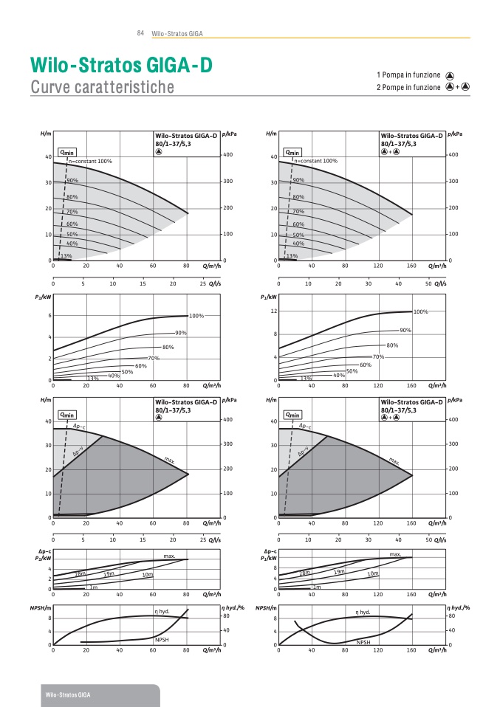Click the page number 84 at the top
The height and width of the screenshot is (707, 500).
pos(140,33)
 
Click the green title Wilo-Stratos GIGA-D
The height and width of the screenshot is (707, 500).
pos(121,66)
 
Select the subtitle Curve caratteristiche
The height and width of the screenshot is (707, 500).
pos(102,87)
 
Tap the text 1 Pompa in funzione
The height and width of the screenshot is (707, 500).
pos(408,75)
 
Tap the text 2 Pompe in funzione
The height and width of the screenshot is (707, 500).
pos(408,87)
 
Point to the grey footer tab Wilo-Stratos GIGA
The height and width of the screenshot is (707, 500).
pos(68,696)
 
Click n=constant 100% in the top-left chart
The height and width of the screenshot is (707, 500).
pos(90,161)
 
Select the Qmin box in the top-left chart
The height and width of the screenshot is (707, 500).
pos(67,151)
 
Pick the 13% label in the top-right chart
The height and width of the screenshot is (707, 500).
pos(292,256)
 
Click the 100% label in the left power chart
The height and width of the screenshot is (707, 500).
pos(196,316)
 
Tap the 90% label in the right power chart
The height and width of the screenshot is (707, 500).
pos(405,330)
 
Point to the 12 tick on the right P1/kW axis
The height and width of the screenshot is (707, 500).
pos(273,311)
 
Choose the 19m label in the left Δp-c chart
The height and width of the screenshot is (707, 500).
pos(109,573)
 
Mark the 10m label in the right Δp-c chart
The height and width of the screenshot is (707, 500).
pos(373,573)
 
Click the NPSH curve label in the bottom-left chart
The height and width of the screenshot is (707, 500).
pos(162,639)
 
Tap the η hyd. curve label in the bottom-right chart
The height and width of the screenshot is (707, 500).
pos(363,612)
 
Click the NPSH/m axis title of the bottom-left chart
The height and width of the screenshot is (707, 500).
pos(41,607)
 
